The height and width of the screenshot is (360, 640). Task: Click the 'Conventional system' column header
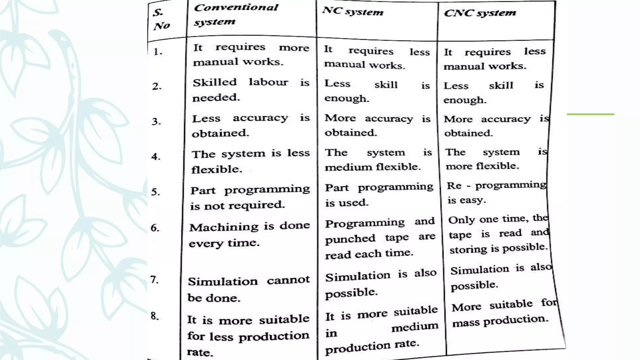(236, 14)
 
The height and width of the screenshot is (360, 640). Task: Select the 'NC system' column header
(352, 12)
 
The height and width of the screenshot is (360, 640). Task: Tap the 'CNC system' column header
(480, 13)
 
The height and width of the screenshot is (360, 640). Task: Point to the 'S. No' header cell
(161, 19)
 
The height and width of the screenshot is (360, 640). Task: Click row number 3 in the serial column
(157, 121)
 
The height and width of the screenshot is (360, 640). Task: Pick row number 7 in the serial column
(154, 279)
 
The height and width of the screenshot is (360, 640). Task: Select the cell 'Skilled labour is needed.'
(250, 90)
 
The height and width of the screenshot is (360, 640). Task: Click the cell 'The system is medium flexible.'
(378, 160)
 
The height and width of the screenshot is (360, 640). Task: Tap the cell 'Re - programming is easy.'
(496, 192)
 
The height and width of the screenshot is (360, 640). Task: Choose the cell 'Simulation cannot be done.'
(248, 289)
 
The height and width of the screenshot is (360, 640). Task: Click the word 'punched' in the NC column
(350, 239)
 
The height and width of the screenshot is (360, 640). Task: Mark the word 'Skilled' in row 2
(215, 82)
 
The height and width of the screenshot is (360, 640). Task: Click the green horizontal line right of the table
(590, 114)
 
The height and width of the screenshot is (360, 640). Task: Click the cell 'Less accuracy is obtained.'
(250, 126)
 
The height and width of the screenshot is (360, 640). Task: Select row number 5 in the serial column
(156, 192)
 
